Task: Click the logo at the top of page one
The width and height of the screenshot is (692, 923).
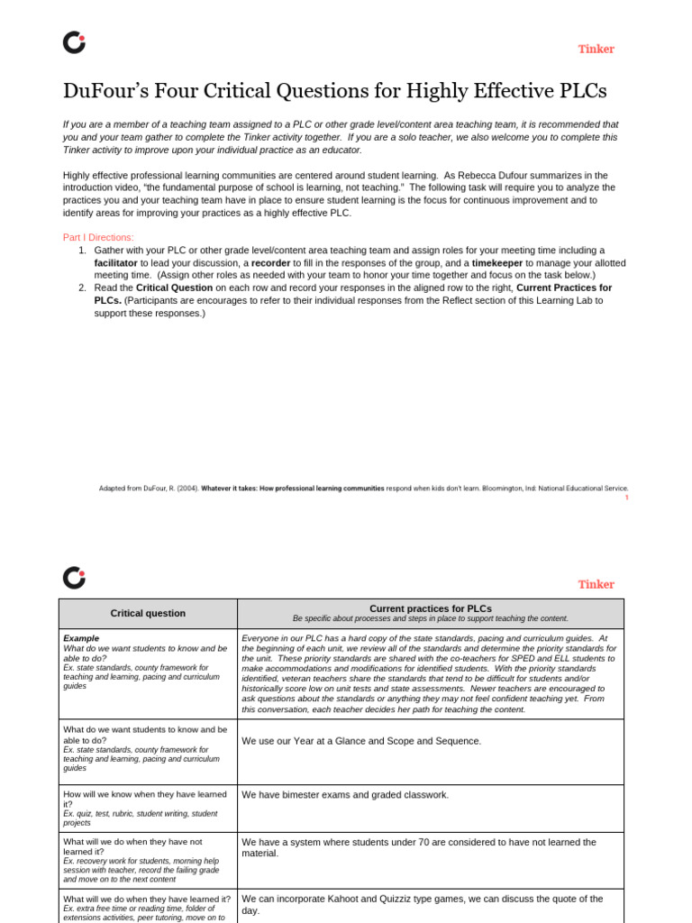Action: click(74, 42)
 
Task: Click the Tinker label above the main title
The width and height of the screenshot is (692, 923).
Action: click(596, 49)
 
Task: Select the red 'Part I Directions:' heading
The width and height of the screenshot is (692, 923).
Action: click(98, 237)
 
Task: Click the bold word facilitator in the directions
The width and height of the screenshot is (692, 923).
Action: click(116, 262)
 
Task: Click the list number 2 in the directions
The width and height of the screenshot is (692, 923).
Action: click(82, 288)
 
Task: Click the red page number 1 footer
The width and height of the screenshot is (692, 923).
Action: click(626, 498)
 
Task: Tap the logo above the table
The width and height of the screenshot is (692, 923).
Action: click(74, 578)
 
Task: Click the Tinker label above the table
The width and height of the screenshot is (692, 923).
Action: click(596, 584)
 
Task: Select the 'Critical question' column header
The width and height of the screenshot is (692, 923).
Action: click(148, 613)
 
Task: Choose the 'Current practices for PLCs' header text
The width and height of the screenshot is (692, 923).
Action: click(431, 608)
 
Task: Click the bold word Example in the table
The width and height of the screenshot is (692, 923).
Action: click(81, 638)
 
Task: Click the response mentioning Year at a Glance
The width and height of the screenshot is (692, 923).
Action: click(361, 741)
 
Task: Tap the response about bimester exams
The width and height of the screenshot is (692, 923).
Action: click(345, 795)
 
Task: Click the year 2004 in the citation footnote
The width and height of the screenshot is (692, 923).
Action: click(187, 488)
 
